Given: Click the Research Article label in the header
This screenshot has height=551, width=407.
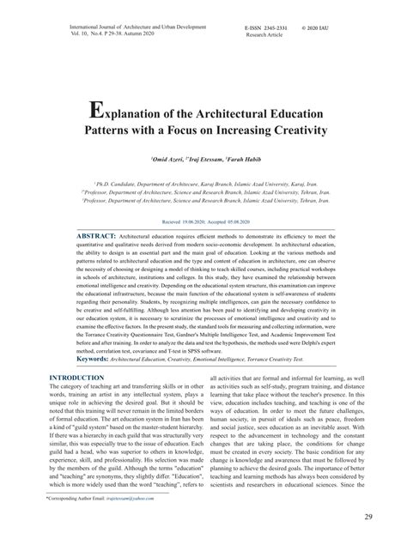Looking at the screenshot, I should point(264,37).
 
